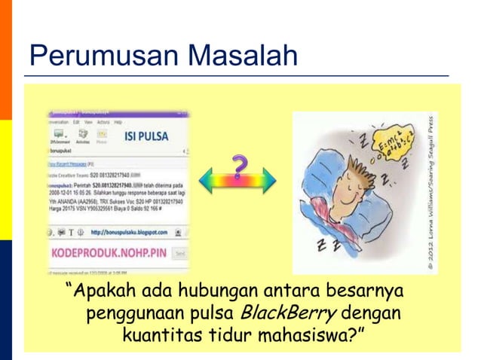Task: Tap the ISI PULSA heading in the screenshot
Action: click(146, 139)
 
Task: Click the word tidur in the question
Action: click(225, 331)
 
